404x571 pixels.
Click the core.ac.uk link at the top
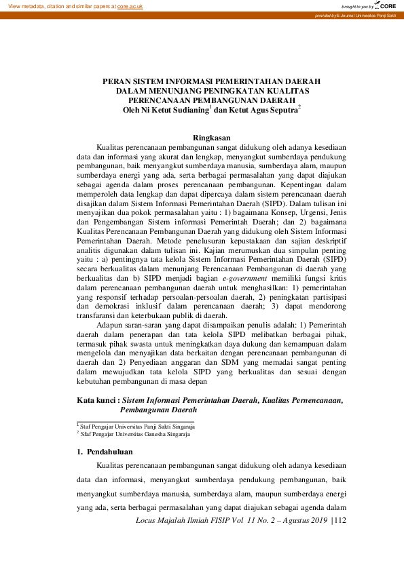[130, 6]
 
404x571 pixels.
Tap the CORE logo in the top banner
[386, 5]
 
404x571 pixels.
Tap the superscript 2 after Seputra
[299, 106]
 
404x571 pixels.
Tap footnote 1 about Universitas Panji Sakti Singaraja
[136, 427]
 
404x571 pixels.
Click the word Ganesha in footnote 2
[151, 434]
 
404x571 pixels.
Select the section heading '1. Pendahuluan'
[105, 452]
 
